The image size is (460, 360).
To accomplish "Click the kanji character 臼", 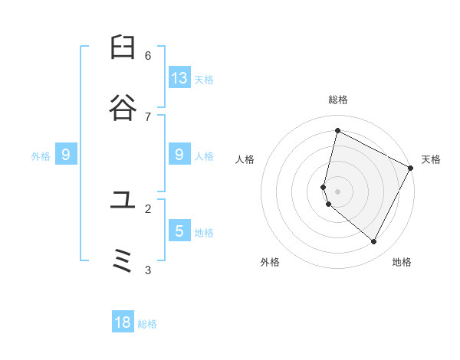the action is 123,47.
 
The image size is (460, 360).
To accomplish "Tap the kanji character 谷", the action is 123,109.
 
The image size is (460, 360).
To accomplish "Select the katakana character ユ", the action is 123,201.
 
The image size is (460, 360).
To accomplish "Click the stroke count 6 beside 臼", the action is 148,55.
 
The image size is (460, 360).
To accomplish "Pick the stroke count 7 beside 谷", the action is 148,116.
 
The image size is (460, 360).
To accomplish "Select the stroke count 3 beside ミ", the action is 148,270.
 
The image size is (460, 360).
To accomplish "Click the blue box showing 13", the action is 179,77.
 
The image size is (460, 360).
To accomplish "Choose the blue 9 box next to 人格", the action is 179,155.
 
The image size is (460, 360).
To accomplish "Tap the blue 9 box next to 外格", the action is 66,155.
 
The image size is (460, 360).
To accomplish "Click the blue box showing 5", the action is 179,231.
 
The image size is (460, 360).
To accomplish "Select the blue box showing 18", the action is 123,322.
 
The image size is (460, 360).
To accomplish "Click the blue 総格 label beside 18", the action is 147,324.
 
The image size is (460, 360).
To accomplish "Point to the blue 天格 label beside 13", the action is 203,80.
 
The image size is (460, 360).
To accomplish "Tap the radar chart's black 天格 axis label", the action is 431,159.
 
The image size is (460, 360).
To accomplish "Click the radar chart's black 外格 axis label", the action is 270,262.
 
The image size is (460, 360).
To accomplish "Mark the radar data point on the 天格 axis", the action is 411,168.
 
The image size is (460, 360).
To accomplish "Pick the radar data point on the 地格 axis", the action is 374,242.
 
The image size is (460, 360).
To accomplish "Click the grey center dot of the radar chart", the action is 337,191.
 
